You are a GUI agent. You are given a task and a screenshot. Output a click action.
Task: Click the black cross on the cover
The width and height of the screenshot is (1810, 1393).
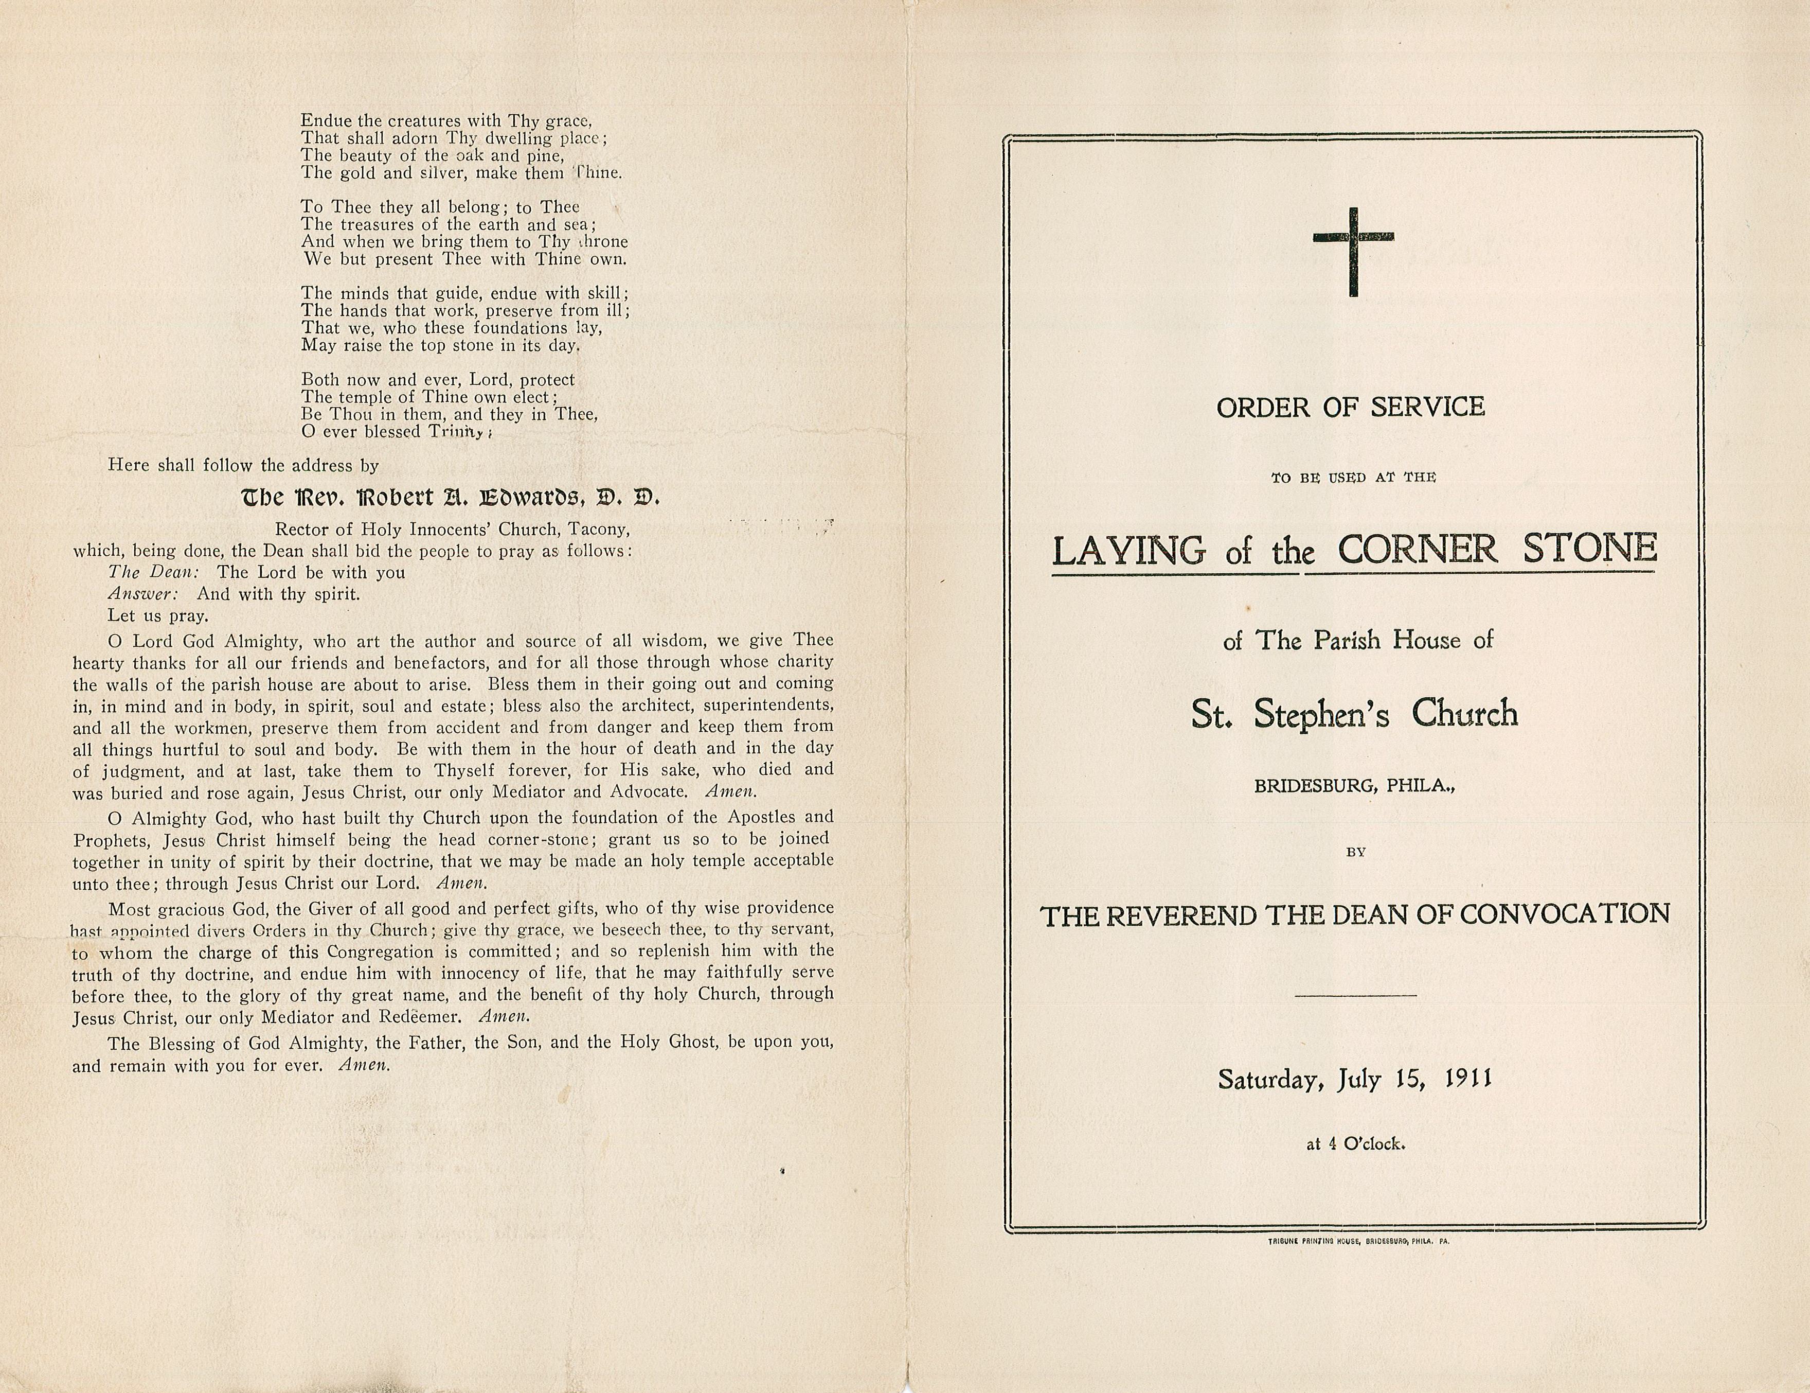1353,251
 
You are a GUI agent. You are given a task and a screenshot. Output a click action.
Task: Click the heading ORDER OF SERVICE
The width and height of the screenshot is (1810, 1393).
1351,407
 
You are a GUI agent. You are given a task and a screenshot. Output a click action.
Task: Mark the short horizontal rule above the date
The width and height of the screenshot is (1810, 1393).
1355,994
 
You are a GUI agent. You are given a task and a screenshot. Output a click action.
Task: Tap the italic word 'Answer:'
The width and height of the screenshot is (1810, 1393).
142,594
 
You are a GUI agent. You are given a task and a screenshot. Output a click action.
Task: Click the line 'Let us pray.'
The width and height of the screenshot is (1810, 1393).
157,615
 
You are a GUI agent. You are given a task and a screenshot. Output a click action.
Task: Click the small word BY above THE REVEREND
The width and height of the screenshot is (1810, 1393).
1356,852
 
